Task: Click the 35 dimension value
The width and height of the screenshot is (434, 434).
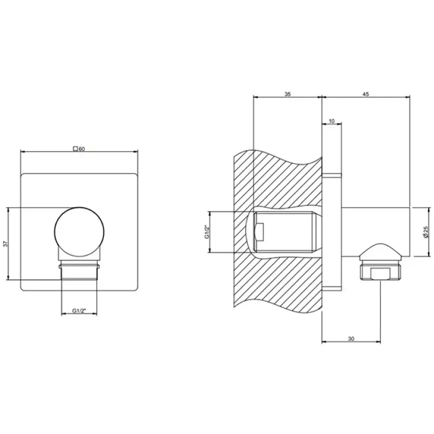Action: [x=288, y=94]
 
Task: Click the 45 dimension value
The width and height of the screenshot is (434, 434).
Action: [x=366, y=94]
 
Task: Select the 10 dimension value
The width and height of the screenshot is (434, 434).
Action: [x=331, y=121]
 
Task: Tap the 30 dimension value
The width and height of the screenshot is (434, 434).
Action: [x=351, y=339]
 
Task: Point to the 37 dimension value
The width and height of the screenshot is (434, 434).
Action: [x=6, y=244]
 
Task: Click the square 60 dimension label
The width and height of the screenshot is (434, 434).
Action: [x=79, y=149]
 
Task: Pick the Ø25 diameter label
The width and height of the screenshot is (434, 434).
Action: [x=425, y=232]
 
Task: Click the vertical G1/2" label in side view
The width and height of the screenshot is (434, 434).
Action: [x=206, y=232]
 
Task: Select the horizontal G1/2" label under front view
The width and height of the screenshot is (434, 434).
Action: [x=79, y=310]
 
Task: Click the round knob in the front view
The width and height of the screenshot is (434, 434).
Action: [x=79, y=232]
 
